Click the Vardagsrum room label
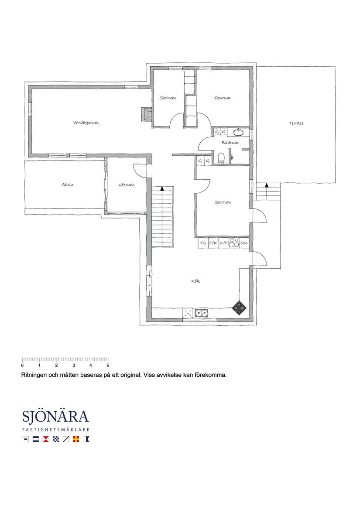tap(86, 123)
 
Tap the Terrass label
tap(296, 123)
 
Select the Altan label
tap(68, 184)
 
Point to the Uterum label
tap(127, 184)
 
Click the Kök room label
tap(195, 281)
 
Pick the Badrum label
tap(230, 143)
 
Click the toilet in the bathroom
tap(222, 158)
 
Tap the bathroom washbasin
tap(239, 132)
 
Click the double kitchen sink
tap(202, 313)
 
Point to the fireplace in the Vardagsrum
tap(147, 114)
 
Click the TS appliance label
tap(203, 243)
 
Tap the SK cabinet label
tap(244, 243)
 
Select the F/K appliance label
tap(213, 243)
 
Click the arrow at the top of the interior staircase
tap(162, 188)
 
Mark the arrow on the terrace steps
tap(267, 185)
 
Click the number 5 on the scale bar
tap(108, 365)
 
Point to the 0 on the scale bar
tap(22, 365)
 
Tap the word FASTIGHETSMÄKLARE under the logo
tap(56, 430)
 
